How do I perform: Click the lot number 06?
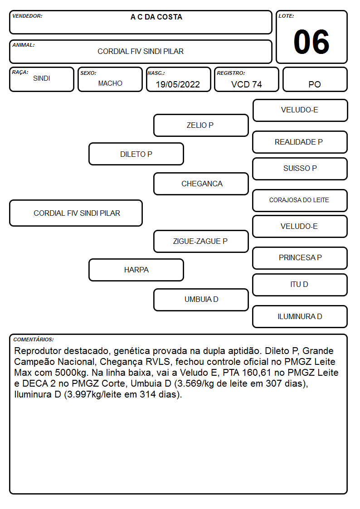[311, 42]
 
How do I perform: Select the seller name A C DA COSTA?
[156, 17]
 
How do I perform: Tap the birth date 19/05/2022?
[178, 84]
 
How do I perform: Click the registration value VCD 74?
[246, 84]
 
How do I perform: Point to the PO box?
[315, 79]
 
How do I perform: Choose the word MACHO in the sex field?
[110, 83]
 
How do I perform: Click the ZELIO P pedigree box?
[201, 125]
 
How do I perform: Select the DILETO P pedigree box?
[136, 154]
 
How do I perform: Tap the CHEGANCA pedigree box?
[201, 184]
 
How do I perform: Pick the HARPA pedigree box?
[136, 270]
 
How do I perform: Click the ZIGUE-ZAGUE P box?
[201, 242]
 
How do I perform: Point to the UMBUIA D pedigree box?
[201, 300]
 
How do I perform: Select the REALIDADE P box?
[300, 142]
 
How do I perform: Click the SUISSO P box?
[300, 169]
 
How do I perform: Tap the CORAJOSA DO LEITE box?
[300, 200]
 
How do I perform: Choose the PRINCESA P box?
[300, 258]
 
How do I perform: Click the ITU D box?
[300, 285]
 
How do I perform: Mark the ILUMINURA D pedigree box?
[300, 316]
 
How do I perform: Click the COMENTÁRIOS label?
[34, 339]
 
